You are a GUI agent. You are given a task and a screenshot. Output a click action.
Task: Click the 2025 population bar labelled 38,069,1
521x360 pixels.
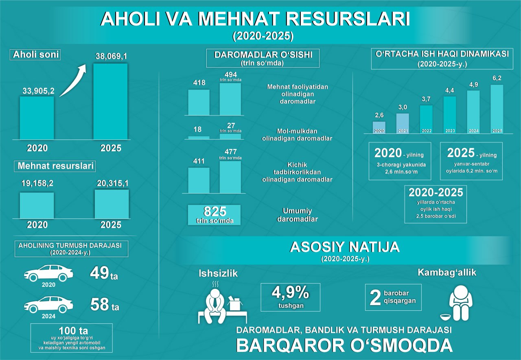(110, 102)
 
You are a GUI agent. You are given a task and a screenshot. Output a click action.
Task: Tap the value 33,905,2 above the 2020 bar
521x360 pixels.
(37, 92)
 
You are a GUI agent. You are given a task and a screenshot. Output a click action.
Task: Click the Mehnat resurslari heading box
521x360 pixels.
(55, 166)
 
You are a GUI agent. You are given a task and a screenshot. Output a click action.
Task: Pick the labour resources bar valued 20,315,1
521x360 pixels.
(112, 204)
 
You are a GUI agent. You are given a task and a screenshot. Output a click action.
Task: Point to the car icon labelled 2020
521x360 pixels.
(48, 273)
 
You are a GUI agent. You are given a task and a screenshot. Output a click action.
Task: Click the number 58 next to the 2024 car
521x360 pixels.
(99, 305)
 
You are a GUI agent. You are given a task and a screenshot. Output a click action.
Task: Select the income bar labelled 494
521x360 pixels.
(230, 99)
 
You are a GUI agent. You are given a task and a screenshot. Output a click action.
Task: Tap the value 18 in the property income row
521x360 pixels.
(197, 129)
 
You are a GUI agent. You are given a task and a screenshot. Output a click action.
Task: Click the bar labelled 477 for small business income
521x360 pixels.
(230, 177)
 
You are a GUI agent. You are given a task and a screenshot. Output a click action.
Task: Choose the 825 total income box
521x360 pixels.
(215, 214)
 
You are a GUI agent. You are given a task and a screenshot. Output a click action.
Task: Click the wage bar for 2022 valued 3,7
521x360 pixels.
(426, 119)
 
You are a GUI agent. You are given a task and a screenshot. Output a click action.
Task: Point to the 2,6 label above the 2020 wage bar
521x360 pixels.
(379, 116)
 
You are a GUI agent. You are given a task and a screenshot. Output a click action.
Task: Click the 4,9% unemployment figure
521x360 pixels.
(290, 293)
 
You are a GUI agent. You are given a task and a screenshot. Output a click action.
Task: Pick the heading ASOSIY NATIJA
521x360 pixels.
(344, 247)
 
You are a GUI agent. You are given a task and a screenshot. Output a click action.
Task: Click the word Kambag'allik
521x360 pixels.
(447, 273)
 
